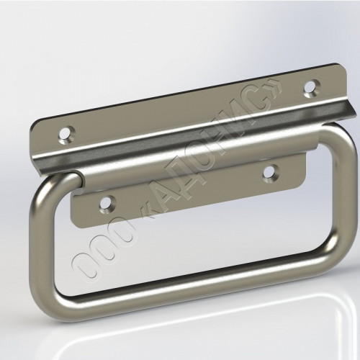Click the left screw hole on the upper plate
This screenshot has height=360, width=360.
[66, 135]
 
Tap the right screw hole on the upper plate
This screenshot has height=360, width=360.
[312, 89]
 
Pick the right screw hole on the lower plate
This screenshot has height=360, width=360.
[271, 174]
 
